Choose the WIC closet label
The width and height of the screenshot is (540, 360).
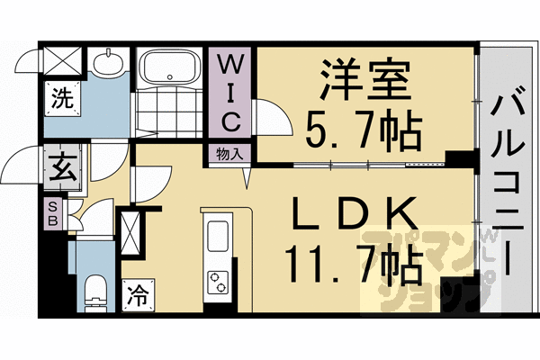point(231,93)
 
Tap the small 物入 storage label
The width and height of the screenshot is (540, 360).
point(230,154)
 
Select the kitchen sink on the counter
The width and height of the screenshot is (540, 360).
point(220,237)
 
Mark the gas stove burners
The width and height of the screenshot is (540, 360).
point(220,283)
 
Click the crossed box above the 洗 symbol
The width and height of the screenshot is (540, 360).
point(63,63)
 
